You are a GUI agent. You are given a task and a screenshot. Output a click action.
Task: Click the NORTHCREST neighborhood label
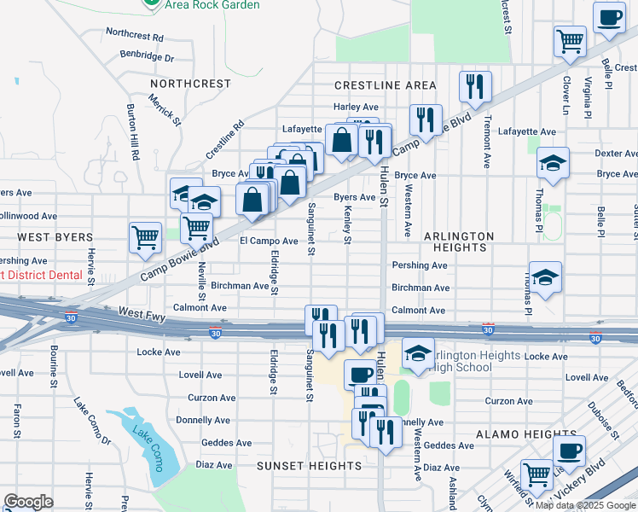(190, 84)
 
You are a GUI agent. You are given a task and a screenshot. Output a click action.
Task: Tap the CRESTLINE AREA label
(385, 85)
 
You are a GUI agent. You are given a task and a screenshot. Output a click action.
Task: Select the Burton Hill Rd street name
(132, 133)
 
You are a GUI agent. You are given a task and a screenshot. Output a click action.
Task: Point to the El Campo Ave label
(269, 241)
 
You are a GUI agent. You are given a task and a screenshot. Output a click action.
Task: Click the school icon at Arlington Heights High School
(418, 354)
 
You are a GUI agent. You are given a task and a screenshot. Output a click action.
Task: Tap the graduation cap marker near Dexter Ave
(553, 163)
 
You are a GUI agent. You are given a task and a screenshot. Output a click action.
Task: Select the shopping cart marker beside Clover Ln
(569, 39)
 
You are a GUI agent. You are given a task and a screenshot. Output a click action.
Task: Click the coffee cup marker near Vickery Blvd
(569, 450)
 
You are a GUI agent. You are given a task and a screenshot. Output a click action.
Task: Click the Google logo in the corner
(29, 502)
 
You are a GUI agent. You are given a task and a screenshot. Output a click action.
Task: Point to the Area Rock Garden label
(212, 5)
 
